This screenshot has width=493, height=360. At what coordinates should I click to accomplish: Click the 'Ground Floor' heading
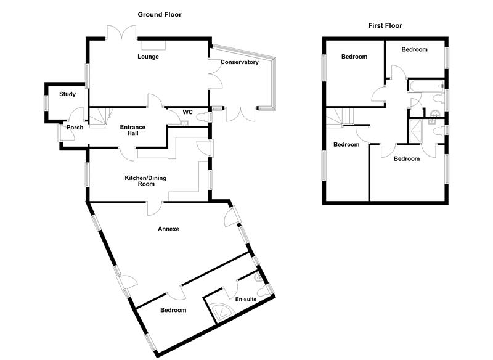(x=159, y=14)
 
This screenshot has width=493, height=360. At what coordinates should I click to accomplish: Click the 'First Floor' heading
(x=385, y=26)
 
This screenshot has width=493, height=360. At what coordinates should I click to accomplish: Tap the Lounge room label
(x=148, y=57)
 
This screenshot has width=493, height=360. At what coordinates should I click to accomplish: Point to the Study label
(x=67, y=94)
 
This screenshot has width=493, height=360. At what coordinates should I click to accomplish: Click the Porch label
(x=75, y=128)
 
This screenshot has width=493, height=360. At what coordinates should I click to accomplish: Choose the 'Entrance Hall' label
(x=132, y=131)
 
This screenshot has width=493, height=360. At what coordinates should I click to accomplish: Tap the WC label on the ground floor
(x=188, y=113)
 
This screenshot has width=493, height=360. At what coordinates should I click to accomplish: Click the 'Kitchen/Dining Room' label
(x=145, y=181)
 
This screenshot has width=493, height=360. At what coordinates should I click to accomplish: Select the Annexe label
(x=168, y=229)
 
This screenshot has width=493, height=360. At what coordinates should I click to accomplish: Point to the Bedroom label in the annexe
(x=173, y=310)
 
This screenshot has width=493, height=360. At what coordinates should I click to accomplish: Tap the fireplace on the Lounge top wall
(x=153, y=44)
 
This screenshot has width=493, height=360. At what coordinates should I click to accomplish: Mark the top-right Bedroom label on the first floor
(x=414, y=49)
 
